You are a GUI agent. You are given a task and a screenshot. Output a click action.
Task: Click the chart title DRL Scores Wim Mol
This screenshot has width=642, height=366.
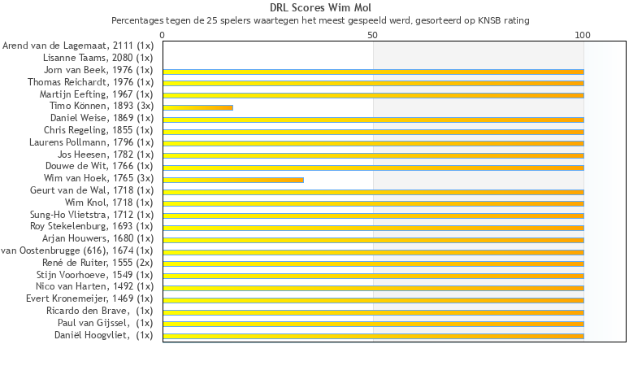click(320, 8)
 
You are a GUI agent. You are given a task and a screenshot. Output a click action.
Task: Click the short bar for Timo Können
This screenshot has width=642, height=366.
click(197, 107)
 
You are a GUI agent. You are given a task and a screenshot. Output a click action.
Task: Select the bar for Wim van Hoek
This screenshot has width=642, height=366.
click(233, 180)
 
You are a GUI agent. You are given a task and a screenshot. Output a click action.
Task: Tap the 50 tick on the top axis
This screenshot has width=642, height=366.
click(373, 35)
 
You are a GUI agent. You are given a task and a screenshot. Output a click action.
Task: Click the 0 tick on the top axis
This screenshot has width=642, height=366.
click(163, 35)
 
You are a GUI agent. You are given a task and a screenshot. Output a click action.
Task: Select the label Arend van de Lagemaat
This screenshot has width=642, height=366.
click(78, 46)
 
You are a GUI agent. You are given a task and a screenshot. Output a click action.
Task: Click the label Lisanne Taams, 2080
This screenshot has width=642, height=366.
click(98, 59)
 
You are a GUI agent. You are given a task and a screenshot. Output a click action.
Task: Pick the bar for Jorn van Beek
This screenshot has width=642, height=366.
click(373, 72)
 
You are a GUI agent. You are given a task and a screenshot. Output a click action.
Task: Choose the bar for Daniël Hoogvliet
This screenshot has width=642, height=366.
click(373, 336)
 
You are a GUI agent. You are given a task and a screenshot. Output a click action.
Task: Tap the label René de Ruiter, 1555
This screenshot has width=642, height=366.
click(98, 263)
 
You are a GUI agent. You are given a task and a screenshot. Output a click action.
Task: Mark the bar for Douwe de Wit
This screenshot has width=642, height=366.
click(373, 168)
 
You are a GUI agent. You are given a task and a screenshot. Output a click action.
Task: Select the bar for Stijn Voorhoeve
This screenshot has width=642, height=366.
click(373, 276)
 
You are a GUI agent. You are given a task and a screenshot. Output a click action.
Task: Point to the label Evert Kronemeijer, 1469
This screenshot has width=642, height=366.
click(89, 299)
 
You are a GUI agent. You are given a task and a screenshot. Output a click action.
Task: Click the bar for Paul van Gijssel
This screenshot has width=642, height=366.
click(373, 324)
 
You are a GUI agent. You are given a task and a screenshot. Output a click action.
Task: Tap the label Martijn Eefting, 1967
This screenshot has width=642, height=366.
click(97, 94)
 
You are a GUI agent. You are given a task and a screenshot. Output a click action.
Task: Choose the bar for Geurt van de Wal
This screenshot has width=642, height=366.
click(373, 192)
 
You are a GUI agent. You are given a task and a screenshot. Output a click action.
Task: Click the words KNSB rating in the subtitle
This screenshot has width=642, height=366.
click(504, 20)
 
